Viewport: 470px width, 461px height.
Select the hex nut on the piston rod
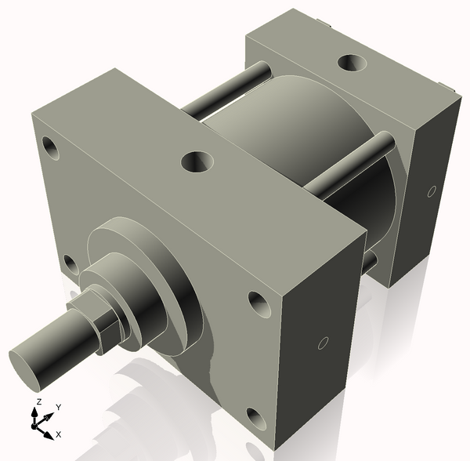[x=98, y=321]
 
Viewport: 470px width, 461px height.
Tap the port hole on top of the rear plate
[x=348, y=62]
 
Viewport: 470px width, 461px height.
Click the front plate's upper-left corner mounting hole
[x=52, y=147]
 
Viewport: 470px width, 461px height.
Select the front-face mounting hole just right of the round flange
[x=258, y=301]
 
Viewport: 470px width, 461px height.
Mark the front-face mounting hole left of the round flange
[x=71, y=264]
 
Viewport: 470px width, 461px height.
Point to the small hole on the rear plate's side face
[x=431, y=191]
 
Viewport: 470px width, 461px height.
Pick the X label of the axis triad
[x=60, y=434]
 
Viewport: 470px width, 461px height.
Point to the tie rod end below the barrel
[x=371, y=262]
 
